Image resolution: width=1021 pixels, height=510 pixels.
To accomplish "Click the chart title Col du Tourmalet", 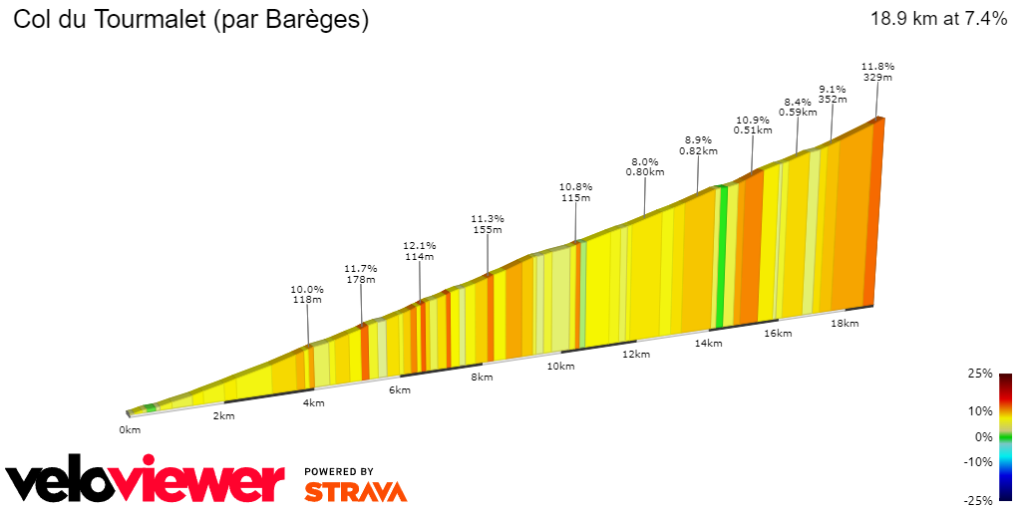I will coord(190,20).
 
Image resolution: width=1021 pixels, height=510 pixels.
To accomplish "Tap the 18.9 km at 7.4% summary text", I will coord(938,19).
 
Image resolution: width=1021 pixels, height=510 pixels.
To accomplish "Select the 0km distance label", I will coord(130,429).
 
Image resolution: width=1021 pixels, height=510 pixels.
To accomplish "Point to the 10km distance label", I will coord(560,367).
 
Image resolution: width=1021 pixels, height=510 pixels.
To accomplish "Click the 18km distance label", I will coord(844,323).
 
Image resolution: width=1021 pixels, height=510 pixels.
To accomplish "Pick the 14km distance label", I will coord(708,344).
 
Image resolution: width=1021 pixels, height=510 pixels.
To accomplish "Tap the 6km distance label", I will coord(400,389).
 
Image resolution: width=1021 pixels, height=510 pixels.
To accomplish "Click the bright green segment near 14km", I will coord(721,259).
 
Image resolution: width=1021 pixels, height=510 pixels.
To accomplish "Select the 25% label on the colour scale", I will coord(980,374).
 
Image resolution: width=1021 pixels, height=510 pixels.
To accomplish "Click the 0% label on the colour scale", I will coord(983,436).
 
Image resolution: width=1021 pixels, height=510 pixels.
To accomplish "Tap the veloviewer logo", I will coord(145,483).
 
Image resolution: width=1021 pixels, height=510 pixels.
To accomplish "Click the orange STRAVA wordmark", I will coord(355,491).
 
